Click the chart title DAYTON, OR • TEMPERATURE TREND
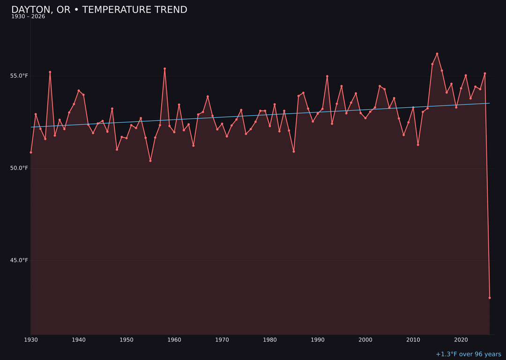tap(99, 10)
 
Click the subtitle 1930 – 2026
tap(28, 17)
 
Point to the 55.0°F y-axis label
tap(19, 76)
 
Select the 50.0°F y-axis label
tap(19, 168)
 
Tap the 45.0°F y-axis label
tap(19, 260)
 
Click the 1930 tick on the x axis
tap(31, 340)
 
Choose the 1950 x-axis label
tap(126, 340)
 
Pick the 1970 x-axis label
tap(222, 340)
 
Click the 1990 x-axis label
tap(318, 340)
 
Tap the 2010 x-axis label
tap(413, 340)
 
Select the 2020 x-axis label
tap(461, 340)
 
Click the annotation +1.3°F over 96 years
tap(468, 354)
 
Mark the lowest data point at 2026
tap(490, 298)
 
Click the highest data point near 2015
tap(437, 54)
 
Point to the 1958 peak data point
tap(164, 69)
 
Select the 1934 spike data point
tap(50, 72)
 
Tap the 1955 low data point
tap(150, 161)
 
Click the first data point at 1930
tap(31, 152)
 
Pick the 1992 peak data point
tap(327, 76)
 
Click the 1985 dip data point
tap(294, 151)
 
